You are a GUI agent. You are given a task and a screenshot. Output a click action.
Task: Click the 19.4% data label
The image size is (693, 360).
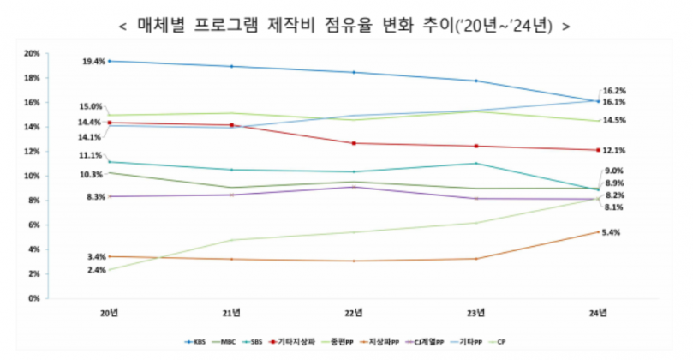click(x=93, y=62)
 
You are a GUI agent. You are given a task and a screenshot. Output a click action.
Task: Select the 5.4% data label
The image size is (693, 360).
click(x=612, y=232)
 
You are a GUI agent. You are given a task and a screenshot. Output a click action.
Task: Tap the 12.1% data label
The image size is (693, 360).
click(x=614, y=150)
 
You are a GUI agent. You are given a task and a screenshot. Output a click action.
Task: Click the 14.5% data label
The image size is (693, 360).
click(x=614, y=121)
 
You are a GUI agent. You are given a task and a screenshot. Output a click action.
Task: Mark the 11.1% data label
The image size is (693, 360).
click(x=91, y=155)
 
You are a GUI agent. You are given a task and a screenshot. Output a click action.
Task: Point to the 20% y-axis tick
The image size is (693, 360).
click(x=32, y=53)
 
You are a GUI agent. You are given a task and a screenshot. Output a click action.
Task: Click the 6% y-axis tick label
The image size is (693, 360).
click(x=33, y=225)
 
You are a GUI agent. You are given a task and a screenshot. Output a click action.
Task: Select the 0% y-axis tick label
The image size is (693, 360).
click(x=33, y=298)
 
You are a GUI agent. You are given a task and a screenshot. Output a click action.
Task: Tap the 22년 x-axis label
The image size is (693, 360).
click(x=353, y=310)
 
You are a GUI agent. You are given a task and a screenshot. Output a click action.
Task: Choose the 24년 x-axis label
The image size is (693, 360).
click(x=597, y=310)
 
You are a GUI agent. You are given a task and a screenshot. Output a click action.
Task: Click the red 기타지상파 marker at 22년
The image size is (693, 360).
click(x=353, y=143)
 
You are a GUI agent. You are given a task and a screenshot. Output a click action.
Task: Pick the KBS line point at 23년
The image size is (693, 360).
click(x=475, y=81)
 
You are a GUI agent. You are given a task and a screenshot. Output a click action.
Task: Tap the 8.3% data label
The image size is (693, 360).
click(x=95, y=196)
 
